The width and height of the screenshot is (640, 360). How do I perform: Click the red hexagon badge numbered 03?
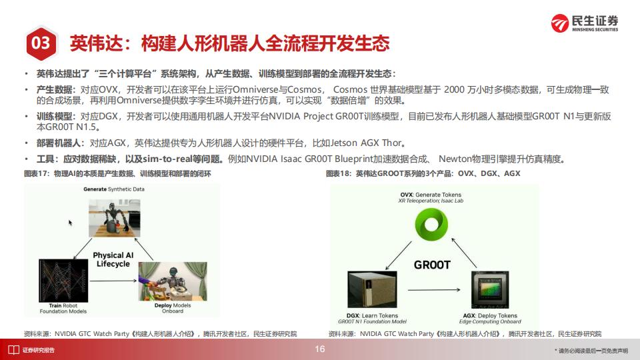[x=41, y=43]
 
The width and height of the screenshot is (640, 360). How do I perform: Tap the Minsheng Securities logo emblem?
[x=559, y=23]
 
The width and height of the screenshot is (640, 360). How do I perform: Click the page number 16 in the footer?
[x=320, y=349]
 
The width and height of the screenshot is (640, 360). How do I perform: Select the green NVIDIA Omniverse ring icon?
[x=431, y=224]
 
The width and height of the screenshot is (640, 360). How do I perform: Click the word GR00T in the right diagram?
[x=432, y=265]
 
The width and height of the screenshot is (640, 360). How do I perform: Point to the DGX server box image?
[x=372, y=289]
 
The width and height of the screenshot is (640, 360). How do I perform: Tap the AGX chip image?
[x=490, y=289]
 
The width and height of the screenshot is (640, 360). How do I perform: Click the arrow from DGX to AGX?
[x=434, y=290]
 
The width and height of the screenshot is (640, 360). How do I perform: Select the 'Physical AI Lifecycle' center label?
[x=113, y=259]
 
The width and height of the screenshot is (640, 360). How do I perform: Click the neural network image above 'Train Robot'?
[x=63, y=281]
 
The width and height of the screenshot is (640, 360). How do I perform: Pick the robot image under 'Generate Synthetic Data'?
[x=114, y=218]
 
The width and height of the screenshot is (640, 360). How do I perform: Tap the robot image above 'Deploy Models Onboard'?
[x=173, y=281]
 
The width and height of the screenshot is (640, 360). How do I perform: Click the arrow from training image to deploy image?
[x=113, y=281]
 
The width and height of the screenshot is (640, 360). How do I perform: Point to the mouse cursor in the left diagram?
[x=70, y=223]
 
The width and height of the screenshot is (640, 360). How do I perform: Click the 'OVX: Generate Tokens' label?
[x=431, y=195]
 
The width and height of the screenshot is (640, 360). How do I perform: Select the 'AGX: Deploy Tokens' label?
[x=490, y=315]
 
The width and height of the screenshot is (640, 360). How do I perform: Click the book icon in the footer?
[x=13, y=350]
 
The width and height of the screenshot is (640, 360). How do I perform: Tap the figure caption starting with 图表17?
[x=117, y=173]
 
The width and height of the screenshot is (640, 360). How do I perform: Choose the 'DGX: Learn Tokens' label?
[x=372, y=315]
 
